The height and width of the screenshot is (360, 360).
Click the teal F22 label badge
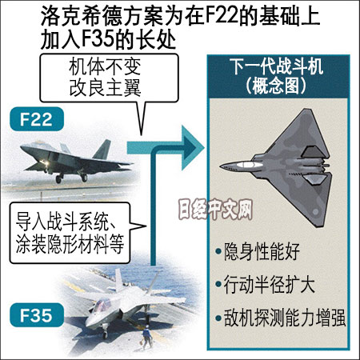tap(37, 119)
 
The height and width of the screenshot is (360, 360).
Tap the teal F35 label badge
tap(37, 315)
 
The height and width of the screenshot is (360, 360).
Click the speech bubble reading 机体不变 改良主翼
tap(109, 78)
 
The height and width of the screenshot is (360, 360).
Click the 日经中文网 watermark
tap(215, 210)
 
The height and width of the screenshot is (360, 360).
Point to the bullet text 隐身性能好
tap(262, 251)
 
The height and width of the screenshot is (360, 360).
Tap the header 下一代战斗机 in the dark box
tap(277, 66)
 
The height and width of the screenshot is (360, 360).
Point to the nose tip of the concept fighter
tap(221, 166)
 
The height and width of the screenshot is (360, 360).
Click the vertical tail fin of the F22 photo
tap(102, 150)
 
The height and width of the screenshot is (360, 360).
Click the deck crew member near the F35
tap(146, 337)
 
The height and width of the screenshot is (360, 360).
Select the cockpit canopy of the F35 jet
tap(102, 306)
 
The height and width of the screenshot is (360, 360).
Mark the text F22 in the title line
tap(222, 15)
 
